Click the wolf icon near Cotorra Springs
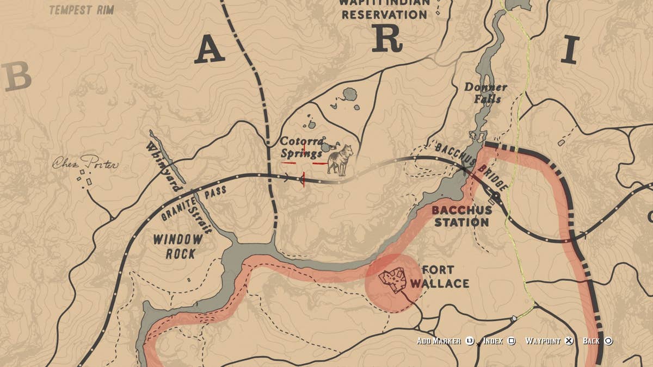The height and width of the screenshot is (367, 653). [x=340, y=159]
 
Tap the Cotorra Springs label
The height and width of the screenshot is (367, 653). [x=303, y=147]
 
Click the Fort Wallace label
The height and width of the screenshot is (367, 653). [x=439, y=276]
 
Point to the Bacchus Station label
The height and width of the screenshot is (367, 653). [x=461, y=216]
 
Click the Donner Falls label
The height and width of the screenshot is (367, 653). [x=485, y=93]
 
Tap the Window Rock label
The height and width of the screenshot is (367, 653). [x=177, y=246]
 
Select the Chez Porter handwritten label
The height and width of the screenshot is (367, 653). [x=85, y=163]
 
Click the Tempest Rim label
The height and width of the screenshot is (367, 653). [x=82, y=10]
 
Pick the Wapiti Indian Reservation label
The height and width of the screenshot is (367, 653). [x=384, y=9]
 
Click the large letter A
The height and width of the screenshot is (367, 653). [x=210, y=51]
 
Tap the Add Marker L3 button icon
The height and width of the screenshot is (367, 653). [x=470, y=341]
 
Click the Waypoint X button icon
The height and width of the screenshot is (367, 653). [x=569, y=341]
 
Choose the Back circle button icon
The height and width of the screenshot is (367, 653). [x=608, y=341]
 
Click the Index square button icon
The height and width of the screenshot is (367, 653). [x=512, y=341]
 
